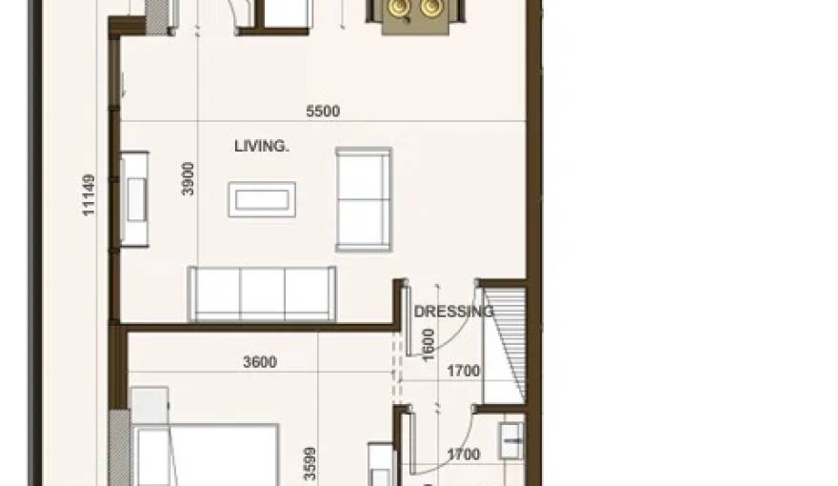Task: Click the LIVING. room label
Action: tap(261, 147)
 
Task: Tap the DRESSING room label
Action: tap(453, 312)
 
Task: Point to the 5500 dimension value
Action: tap(323, 111)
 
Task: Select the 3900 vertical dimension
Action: tap(189, 178)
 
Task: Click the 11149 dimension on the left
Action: tap(89, 194)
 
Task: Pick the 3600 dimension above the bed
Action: tap(260, 362)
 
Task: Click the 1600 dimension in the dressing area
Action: tap(429, 344)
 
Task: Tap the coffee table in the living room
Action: tap(261, 199)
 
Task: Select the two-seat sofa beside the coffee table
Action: tap(363, 199)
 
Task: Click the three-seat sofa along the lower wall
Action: tap(262, 294)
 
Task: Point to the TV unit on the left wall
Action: tap(133, 199)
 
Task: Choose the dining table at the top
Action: tap(415, 13)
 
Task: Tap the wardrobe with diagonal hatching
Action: tap(504, 342)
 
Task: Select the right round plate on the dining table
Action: tap(431, 9)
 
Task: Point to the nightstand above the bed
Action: tap(150, 404)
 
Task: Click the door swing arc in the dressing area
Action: tap(461, 324)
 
